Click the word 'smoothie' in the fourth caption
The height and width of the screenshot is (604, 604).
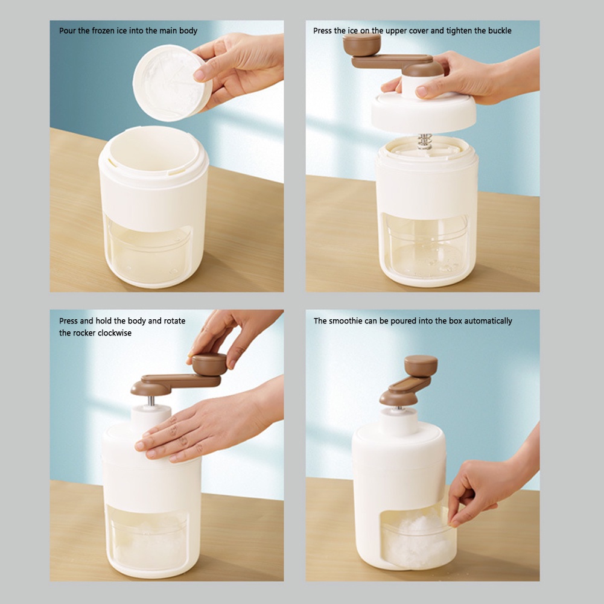click(x=346, y=321)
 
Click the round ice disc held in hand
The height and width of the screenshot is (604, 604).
click(x=172, y=83)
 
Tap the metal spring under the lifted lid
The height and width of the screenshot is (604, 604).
click(x=425, y=141)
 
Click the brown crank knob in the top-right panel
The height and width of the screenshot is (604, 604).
click(x=361, y=45)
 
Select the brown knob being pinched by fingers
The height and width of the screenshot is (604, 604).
click(x=209, y=364)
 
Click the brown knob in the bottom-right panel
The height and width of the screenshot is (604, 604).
click(x=421, y=366)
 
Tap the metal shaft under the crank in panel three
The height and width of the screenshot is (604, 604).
click(x=151, y=401)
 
